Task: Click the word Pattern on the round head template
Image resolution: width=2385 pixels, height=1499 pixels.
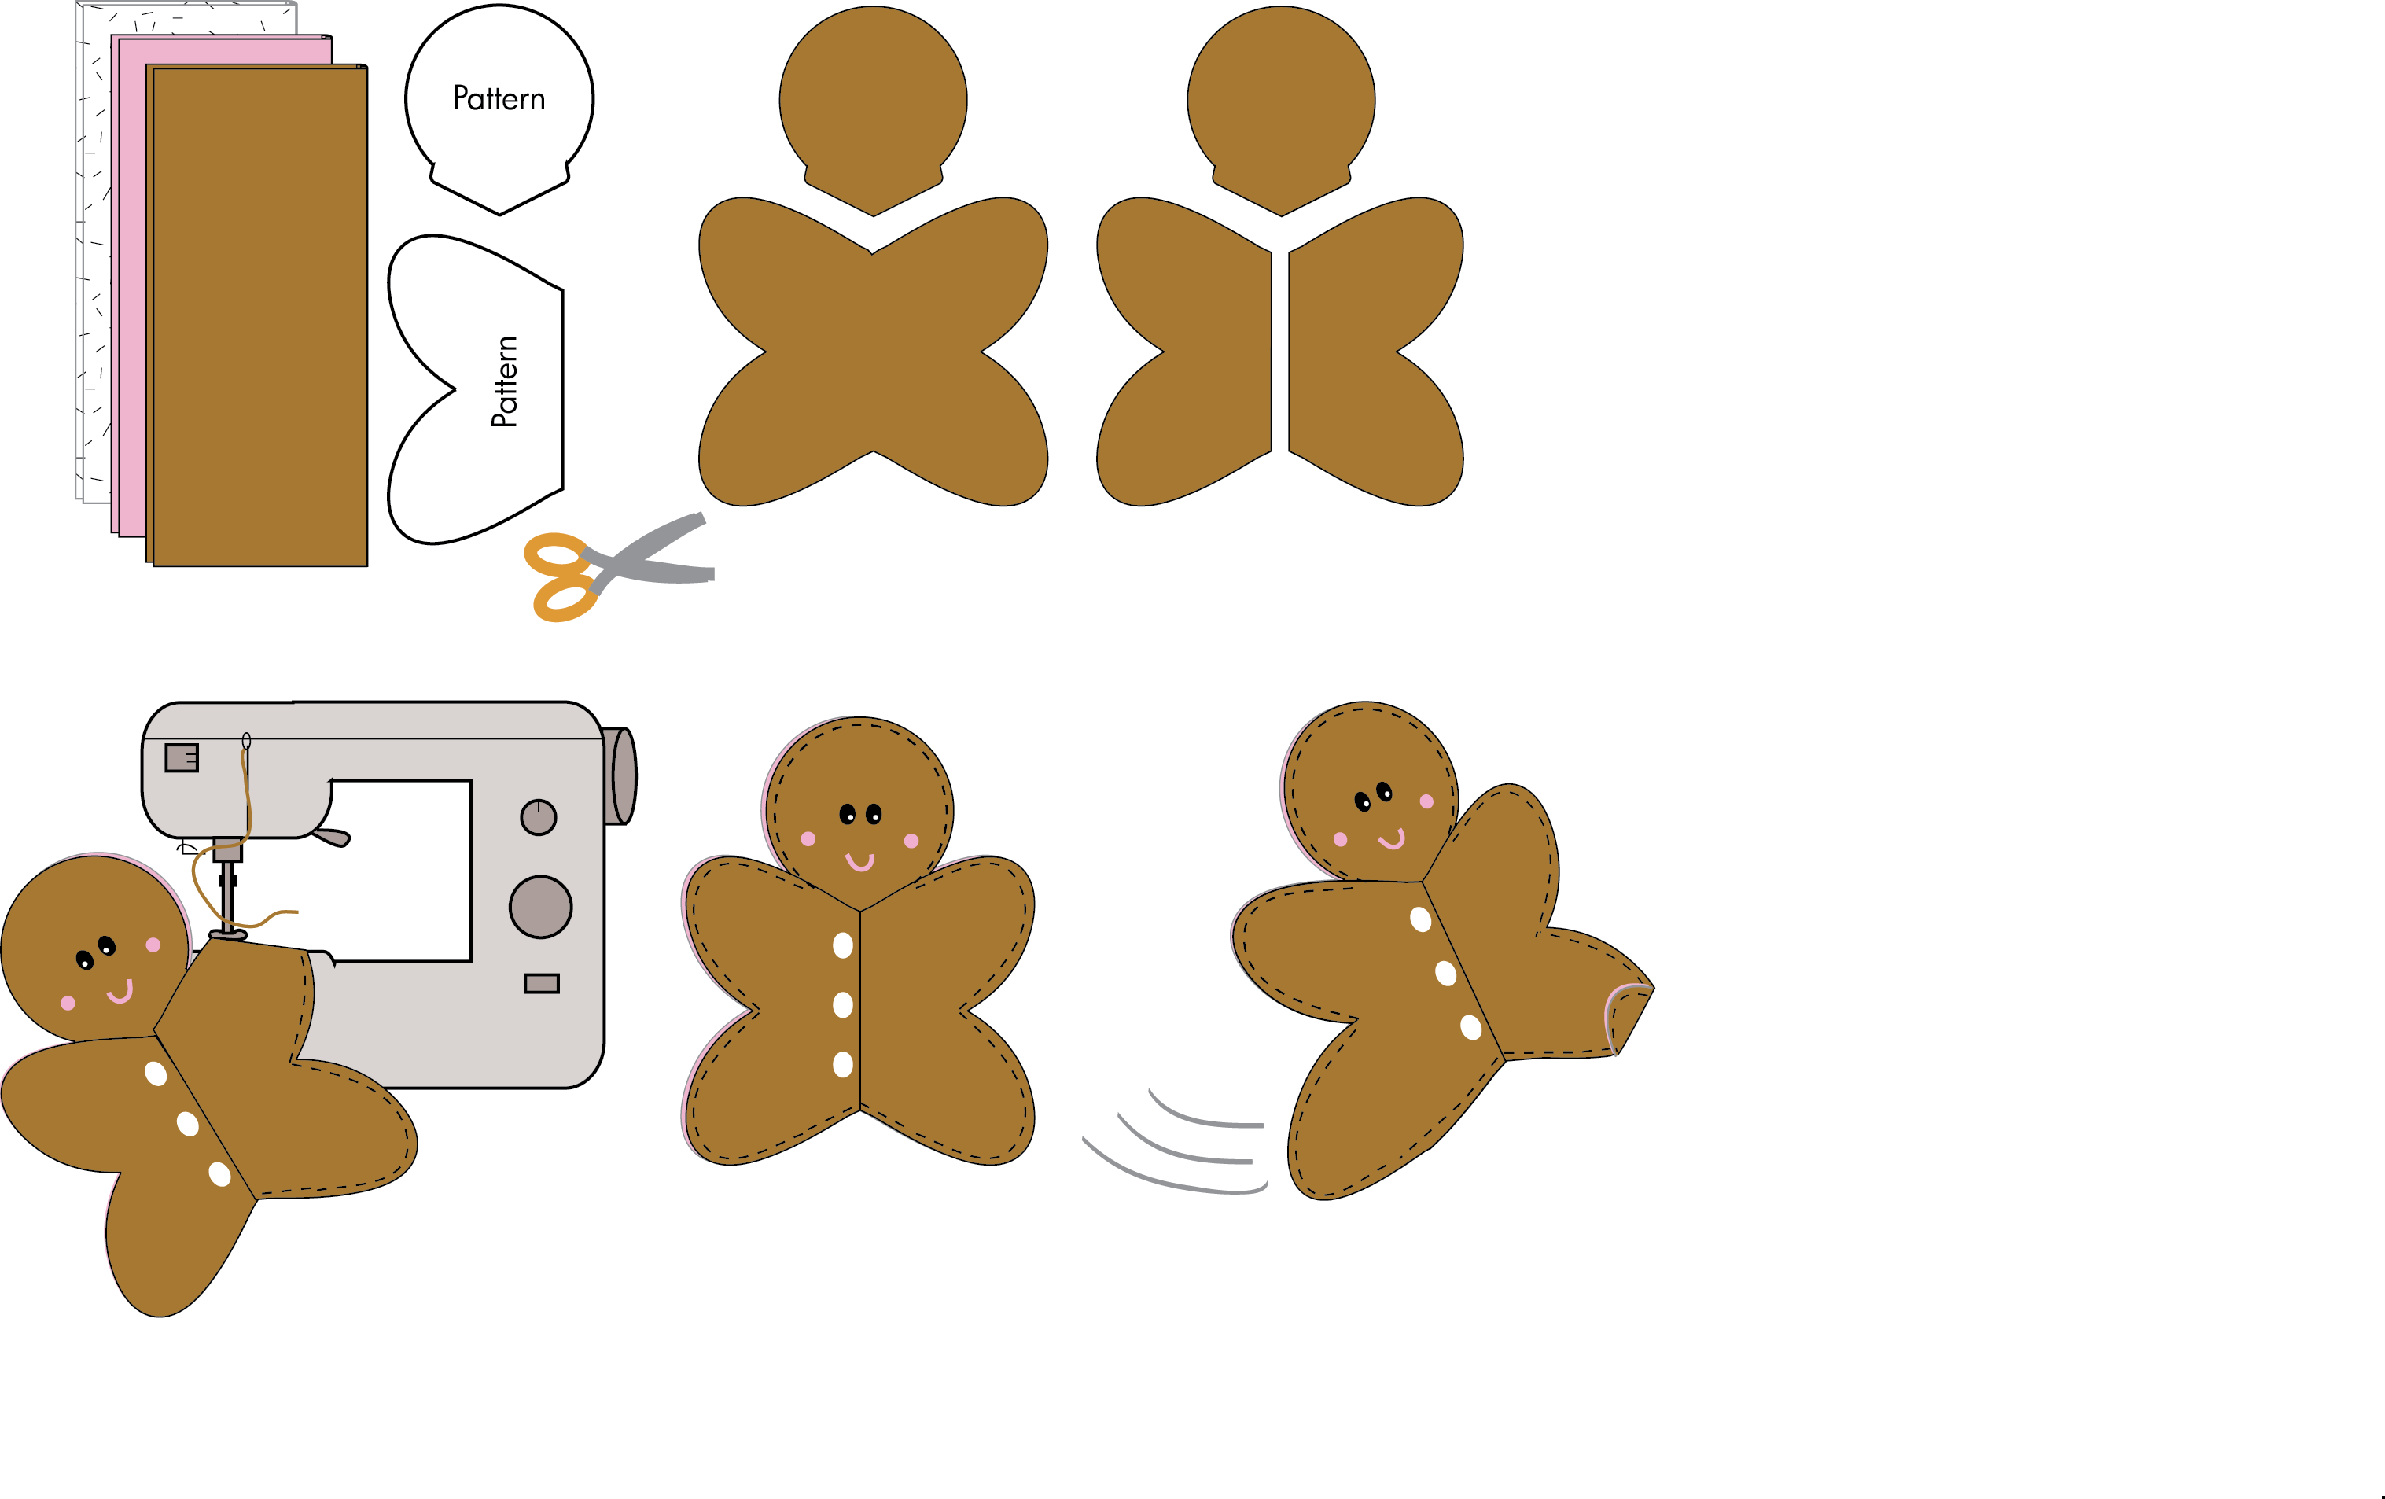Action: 499,98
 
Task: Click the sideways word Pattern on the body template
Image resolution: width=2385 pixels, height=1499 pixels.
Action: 504,381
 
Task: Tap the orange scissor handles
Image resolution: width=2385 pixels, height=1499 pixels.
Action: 560,577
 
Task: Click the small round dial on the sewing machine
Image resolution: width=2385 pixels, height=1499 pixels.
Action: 539,817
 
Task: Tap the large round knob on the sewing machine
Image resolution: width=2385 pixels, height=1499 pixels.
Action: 541,907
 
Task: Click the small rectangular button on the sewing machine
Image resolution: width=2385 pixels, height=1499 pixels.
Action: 542,983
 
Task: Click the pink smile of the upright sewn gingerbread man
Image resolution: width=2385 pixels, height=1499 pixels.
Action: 859,862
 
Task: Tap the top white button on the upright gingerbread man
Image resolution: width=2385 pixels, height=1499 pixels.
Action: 843,945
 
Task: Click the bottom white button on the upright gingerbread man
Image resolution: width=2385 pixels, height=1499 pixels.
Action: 843,1064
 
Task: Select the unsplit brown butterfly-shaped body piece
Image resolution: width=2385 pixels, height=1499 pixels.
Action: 873,352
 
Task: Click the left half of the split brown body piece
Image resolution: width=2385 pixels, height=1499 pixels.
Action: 1184,352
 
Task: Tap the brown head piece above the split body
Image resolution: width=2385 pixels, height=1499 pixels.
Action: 1281,104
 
